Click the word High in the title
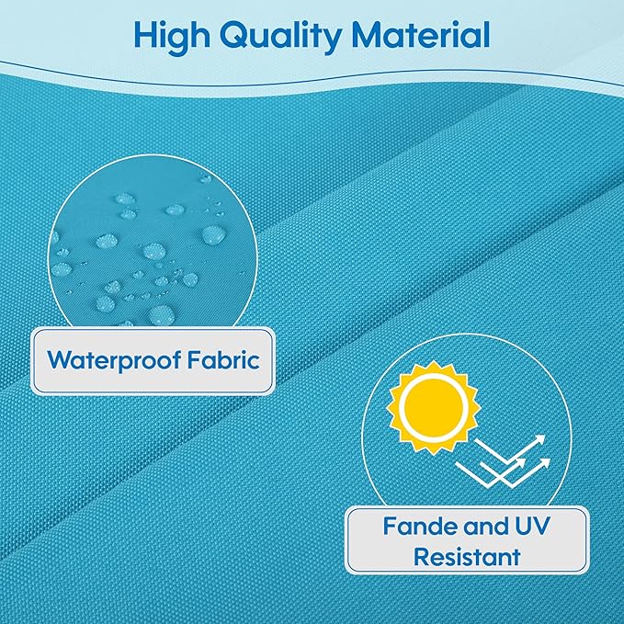click(x=172, y=37)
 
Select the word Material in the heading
click(x=421, y=35)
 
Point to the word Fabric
click(x=223, y=359)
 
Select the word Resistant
click(x=467, y=556)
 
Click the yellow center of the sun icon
click(x=434, y=407)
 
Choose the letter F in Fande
click(x=391, y=526)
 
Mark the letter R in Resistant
click(x=422, y=556)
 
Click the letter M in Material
click(x=369, y=36)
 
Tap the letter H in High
click(x=148, y=36)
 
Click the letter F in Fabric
click(x=195, y=359)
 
